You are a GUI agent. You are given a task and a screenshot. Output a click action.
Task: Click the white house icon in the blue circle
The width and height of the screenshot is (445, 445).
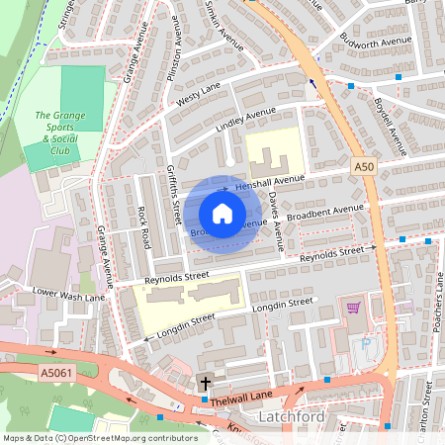tap(222, 213)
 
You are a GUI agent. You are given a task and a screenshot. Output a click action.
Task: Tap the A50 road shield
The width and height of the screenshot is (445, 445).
tap(364, 169)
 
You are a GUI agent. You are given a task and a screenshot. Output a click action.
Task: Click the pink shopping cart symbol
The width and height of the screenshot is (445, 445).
tap(353, 309)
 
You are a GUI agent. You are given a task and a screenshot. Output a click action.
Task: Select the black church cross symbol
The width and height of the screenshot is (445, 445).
tap(206, 382)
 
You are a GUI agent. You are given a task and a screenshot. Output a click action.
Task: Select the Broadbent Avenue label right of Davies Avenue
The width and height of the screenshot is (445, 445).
tap(325, 213)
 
